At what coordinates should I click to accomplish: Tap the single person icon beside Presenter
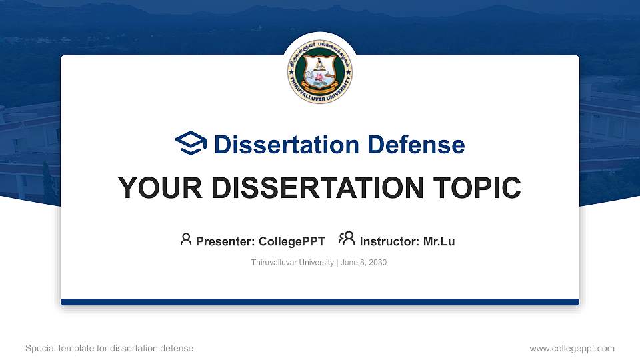point(186,239)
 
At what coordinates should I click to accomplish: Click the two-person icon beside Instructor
point(347,239)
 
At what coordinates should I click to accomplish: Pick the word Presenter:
point(223,241)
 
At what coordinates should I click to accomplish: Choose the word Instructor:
point(390,241)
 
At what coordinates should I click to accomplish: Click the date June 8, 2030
point(363,263)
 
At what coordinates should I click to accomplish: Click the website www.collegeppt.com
point(571,348)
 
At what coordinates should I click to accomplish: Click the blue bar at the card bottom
point(320,302)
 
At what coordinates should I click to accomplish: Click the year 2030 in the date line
point(377,263)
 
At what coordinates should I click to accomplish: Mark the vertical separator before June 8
point(337,263)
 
